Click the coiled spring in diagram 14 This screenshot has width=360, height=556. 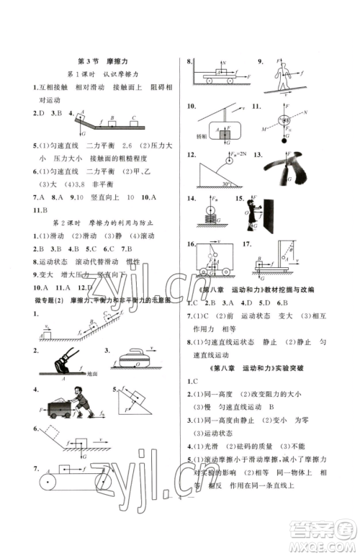pos(210,215)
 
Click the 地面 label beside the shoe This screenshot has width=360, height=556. pos(91,374)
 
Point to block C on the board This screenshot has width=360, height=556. pos(133,120)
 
